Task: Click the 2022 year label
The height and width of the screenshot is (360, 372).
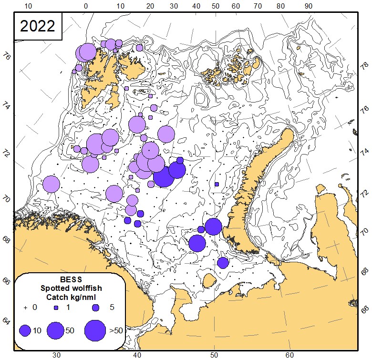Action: pos(38,26)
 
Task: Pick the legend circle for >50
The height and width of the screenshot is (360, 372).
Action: pos(95,330)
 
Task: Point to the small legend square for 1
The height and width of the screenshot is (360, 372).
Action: pos(55,308)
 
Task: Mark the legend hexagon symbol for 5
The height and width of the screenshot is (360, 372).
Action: pos(95,308)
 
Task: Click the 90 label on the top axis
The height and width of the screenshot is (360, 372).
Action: pos(309,6)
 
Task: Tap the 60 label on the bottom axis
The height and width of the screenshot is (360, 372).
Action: pos(289,355)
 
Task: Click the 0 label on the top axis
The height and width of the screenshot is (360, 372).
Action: pos(85,6)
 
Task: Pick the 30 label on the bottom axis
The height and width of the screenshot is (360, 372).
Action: pos(56,355)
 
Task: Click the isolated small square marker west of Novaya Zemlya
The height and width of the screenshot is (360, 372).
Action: pos(217,184)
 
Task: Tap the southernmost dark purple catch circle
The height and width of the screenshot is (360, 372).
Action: pos(223,263)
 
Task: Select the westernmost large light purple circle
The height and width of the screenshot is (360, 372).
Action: pos(51,184)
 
